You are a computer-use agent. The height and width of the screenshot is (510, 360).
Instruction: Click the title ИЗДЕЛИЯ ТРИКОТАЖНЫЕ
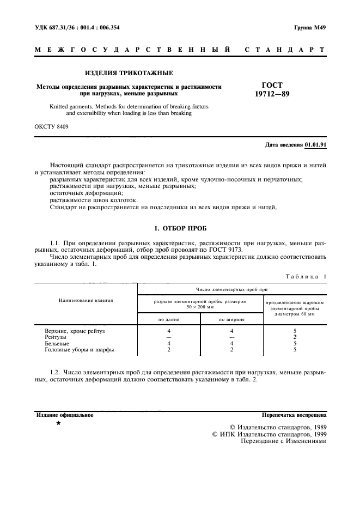(x=130, y=73)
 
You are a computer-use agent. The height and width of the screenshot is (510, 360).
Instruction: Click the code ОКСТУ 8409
(x=51, y=127)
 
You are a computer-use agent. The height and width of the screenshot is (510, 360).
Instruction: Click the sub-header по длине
(x=169, y=319)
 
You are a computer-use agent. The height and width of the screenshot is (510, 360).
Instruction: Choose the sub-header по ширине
(x=231, y=319)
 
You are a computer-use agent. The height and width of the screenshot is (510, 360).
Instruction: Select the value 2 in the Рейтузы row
(x=295, y=338)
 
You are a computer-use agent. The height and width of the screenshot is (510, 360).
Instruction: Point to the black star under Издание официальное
(x=58, y=423)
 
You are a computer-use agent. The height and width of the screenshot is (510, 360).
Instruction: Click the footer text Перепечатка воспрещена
(x=294, y=415)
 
